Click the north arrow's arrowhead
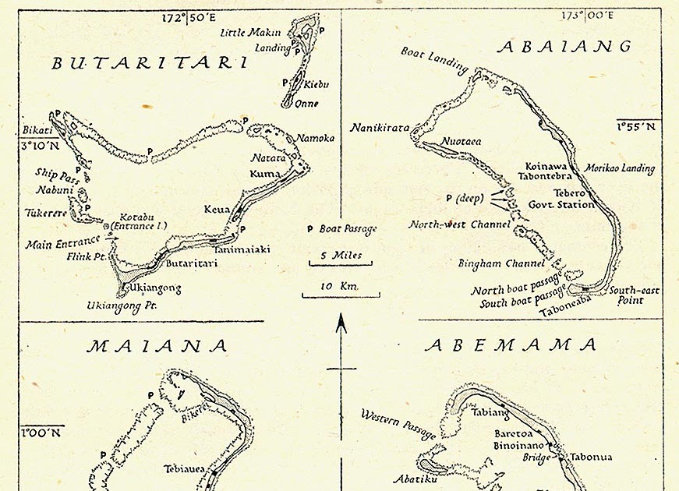[x=341, y=320]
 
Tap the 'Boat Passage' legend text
[x=347, y=229]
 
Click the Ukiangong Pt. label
[x=124, y=306]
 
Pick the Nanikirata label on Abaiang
[x=380, y=128]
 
